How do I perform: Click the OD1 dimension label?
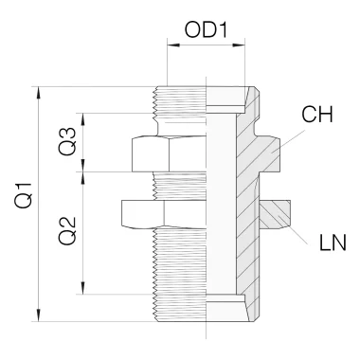pyautogui.click(x=206, y=30)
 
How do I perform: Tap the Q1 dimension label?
pyautogui.click(x=24, y=195)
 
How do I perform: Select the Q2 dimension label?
pyautogui.click(x=67, y=231)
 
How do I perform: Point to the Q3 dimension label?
pyautogui.click(x=67, y=141)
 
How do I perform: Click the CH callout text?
pyautogui.click(x=317, y=115)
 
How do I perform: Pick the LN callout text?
pyautogui.click(x=333, y=243)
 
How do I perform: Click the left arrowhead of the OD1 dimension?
pyautogui.click(x=173, y=45)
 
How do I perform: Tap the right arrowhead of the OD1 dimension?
pyautogui.click(x=239, y=45)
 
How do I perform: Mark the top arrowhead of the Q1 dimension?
pyautogui.click(x=39, y=93)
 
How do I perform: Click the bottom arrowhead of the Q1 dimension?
pyautogui.click(x=39, y=315)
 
